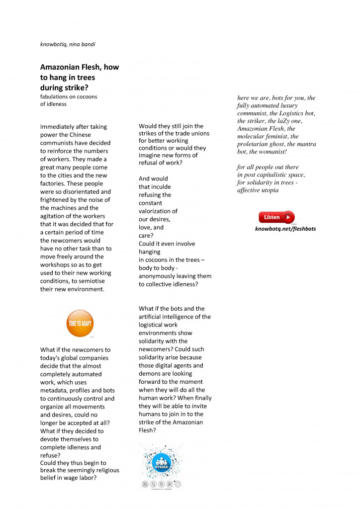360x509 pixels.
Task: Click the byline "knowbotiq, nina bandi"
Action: pos(68,44)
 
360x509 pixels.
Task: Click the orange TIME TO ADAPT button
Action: pos(80,324)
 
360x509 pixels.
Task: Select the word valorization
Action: pos(158,211)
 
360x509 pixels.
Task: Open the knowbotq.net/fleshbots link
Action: pos(285,229)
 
